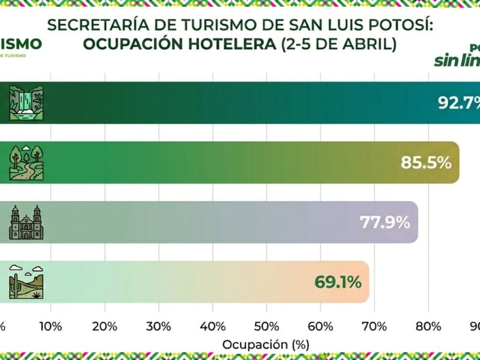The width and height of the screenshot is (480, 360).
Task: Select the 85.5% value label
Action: click(x=425, y=162)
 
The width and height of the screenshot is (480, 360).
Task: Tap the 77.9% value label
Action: click(x=385, y=222)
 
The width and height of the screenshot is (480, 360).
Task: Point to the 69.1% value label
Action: click(x=338, y=281)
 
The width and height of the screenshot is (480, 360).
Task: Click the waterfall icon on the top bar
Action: click(x=26, y=103)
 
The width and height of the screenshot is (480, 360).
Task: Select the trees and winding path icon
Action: click(x=26, y=162)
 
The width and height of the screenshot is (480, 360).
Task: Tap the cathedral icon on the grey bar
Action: click(x=26, y=222)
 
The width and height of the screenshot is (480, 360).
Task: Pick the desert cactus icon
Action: click(x=26, y=281)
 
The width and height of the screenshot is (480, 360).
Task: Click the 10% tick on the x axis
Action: click(x=51, y=326)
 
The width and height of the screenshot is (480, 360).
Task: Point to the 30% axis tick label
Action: click(x=159, y=326)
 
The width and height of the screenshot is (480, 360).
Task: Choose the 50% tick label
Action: click(x=267, y=326)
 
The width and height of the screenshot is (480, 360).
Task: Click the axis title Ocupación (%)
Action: click(x=266, y=345)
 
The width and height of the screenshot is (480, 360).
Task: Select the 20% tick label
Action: click(x=105, y=326)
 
